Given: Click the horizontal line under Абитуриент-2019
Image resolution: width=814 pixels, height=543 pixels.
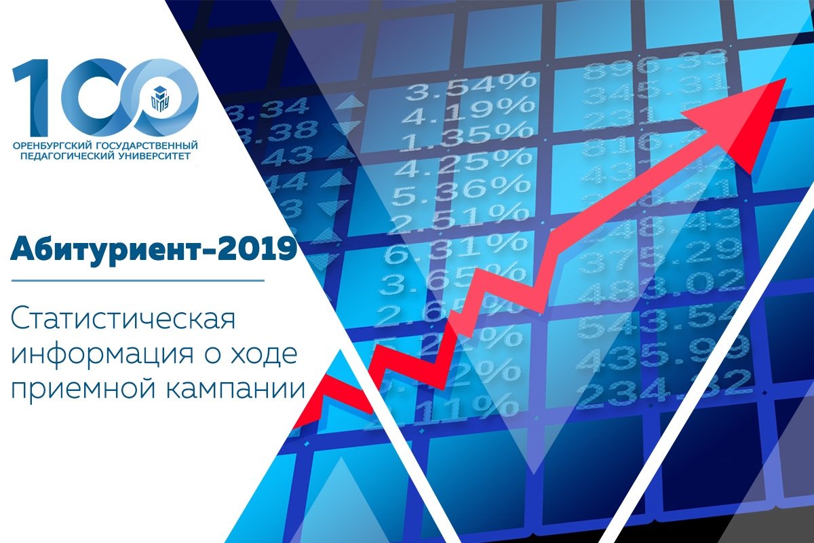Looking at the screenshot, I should [x=136, y=280].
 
